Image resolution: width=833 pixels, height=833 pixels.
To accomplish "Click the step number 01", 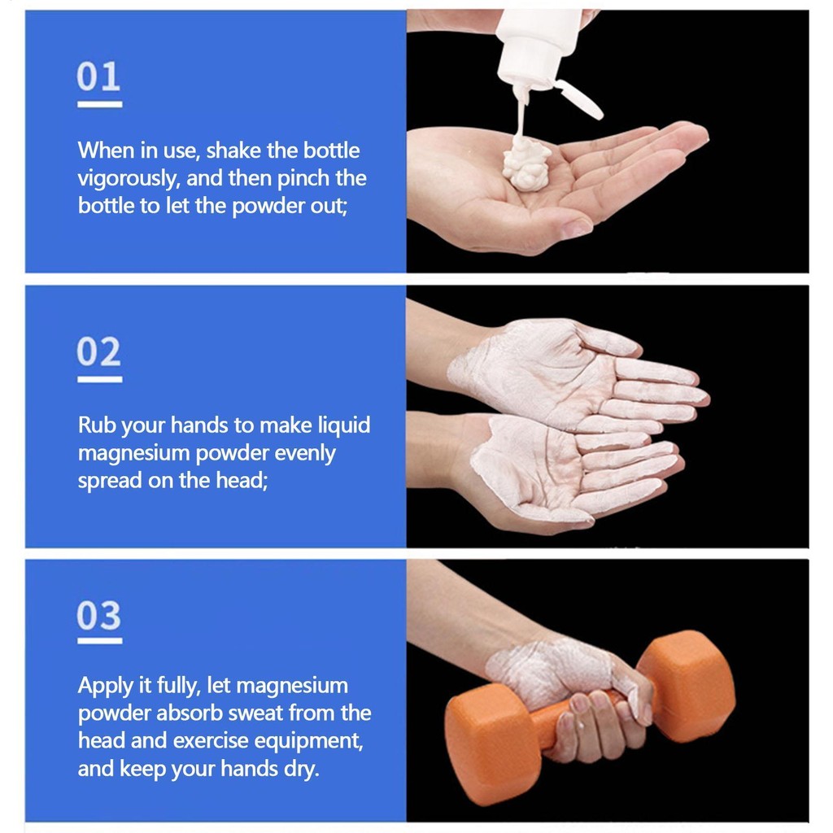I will [x=98, y=77].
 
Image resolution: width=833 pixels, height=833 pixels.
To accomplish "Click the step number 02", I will [x=98, y=352].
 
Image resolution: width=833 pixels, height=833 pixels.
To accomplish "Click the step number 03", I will [x=98, y=616].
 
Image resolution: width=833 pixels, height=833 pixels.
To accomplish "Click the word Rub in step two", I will [x=94, y=425].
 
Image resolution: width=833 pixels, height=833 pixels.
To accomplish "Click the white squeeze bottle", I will [x=536, y=45].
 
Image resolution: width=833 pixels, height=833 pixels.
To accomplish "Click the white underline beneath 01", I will [x=99, y=104].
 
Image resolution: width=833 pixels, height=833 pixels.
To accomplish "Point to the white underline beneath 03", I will [x=99, y=641].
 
